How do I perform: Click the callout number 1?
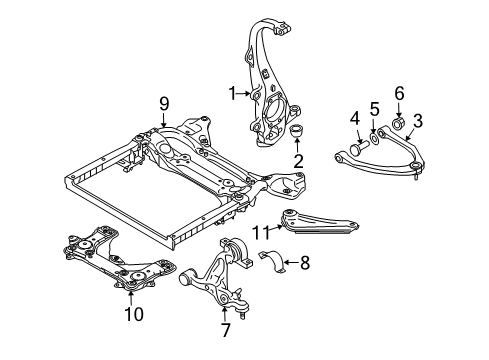(232, 94)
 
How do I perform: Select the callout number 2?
(298, 161)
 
